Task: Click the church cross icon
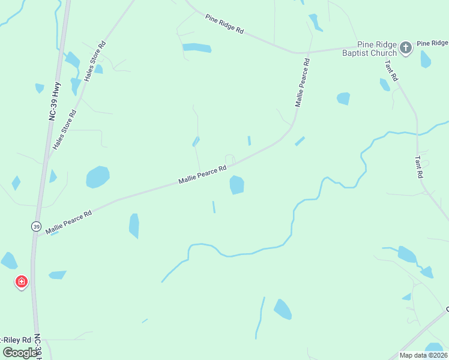406,47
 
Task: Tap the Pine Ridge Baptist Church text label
369,49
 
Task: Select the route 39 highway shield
37,226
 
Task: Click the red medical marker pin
21,281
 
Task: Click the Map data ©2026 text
423,355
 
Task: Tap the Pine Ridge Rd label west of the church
224,24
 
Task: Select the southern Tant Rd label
420,167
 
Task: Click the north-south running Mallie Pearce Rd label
302,82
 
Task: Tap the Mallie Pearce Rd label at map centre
202,175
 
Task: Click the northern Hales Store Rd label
95,61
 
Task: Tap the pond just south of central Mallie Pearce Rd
237,185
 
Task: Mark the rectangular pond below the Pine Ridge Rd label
197,48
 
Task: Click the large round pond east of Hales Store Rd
98,177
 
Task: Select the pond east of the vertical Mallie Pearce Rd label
343,98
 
